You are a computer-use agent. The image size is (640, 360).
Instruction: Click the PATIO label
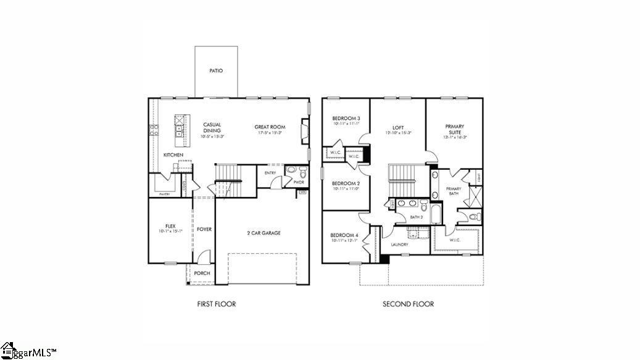coord(216,71)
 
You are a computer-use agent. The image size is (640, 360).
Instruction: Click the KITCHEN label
coord(173,154)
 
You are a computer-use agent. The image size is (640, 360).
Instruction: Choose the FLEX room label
coord(170,226)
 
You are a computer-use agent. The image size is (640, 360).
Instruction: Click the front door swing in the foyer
coord(206,256)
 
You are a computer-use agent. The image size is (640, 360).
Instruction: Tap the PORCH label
coord(202,273)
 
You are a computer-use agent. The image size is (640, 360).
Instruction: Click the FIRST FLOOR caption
coord(216,304)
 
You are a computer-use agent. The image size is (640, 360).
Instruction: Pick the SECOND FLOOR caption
coord(408,304)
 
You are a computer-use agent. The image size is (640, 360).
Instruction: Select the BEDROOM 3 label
coord(346,119)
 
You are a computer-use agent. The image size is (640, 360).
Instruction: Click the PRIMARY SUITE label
coord(454,129)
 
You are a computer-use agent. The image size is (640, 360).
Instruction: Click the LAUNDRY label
coord(400,245)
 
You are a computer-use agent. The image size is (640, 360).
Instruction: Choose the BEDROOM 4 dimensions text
coord(344,241)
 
